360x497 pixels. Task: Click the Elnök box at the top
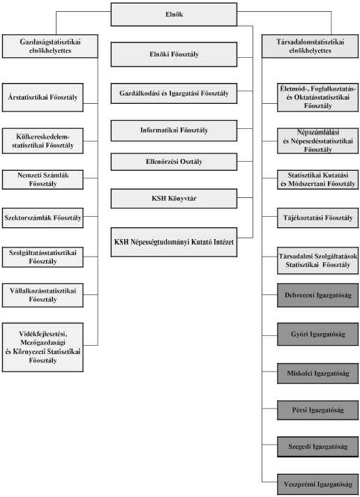pyautogui.click(x=174, y=14)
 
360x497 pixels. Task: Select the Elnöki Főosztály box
pyautogui.click(x=174, y=54)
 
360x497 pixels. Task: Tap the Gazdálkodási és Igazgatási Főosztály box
pyautogui.click(x=174, y=93)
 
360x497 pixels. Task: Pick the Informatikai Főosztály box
pyautogui.click(x=174, y=130)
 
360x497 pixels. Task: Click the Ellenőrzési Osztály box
pyautogui.click(x=174, y=162)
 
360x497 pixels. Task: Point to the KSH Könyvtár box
pyautogui.click(x=174, y=199)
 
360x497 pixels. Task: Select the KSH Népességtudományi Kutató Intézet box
pyautogui.click(x=174, y=242)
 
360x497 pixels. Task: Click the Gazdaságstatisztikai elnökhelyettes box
pyautogui.click(x=50, y=46)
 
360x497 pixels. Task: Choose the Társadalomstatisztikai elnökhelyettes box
pyautogui.click(x=310, y=46)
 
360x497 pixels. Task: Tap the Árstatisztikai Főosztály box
pyautogui.click(x=43, y=98)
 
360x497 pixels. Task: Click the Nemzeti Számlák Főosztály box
pyautogui.click(x=43, y=180)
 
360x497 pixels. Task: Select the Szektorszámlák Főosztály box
pyautogui.click(x=43, y=217)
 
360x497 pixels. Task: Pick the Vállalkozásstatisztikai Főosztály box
pyautogui.click(x=43, y=295)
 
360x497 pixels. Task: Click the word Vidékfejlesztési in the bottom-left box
pyautogui.click(x=43, y=334)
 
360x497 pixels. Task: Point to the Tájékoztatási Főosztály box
pyautogui.click(x=318, y=217)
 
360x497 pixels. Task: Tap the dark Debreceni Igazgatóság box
pyautogui.click(x=318, y=295)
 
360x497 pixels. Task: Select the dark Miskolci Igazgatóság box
pyautogui.click(x=318, y=374)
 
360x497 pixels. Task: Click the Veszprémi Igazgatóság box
pyautogui.click(x=318, y=484)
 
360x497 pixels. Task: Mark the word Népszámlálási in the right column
pyautogui.click(x=318, y=132)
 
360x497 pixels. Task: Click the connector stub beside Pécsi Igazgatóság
pyautogui.click(x=269, y=409)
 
